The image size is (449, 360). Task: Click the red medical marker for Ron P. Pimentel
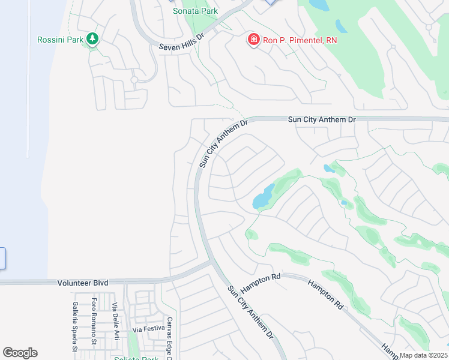[x=253, y=40]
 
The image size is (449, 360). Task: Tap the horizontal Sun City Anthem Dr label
[x=322, y=120]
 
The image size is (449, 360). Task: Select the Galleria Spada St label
[x=75, y=326]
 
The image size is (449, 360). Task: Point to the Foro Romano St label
[x=94, y=322]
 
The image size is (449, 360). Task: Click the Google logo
[x=20, y=353]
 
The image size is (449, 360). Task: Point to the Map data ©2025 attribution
[x=423, y=355]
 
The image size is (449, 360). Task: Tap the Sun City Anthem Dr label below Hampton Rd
[x=250, y=311]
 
